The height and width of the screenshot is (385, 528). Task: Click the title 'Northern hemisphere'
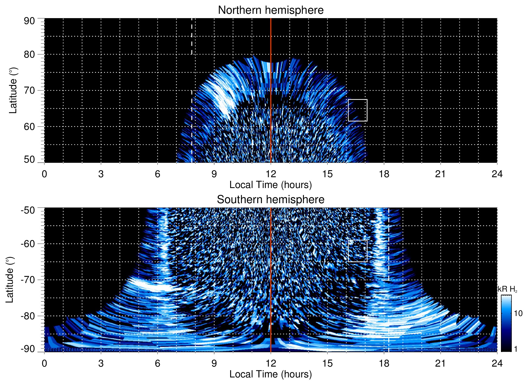270,10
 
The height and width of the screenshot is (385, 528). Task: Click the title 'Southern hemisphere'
270,200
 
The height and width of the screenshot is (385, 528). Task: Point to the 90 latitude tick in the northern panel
29,21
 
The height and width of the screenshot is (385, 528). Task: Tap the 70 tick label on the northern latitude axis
29,90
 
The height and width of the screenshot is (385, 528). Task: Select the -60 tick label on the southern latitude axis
28,243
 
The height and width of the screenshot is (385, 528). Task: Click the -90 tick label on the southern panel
28,349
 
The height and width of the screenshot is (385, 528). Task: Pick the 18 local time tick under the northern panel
384,174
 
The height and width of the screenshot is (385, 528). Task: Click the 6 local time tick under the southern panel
157,363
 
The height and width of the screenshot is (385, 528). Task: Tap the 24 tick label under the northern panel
497,174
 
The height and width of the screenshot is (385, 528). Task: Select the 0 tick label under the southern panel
44,363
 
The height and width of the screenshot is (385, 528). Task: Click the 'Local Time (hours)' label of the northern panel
270,185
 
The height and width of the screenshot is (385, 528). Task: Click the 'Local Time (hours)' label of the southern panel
270,374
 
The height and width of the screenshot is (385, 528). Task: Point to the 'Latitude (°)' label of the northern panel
13,90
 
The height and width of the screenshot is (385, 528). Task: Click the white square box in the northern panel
357,110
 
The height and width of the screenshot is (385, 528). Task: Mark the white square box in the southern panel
357,251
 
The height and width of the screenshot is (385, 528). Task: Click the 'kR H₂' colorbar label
507,289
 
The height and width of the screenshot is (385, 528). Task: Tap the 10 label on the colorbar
518,313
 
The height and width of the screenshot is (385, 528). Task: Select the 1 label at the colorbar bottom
516,349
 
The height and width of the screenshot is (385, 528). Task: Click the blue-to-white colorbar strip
506,323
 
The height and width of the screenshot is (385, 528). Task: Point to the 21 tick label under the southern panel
440,363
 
